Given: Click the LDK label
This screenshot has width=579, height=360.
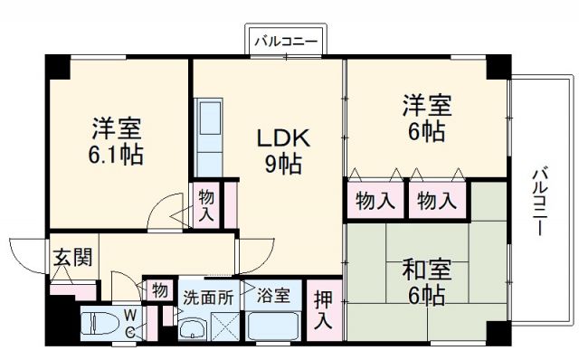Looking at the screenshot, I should (284, 138).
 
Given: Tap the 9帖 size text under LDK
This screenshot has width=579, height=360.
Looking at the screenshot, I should (284, 165).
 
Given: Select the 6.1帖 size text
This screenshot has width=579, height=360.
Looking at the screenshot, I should (116, 154).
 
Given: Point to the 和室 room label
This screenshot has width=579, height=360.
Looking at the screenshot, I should (423, 269).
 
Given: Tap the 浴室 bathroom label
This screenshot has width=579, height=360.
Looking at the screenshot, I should (272, 295).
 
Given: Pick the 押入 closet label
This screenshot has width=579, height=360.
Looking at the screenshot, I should (323, 308).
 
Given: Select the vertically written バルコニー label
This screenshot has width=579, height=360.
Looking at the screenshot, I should (540, 201).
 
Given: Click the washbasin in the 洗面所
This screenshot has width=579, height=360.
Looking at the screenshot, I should (193, 329).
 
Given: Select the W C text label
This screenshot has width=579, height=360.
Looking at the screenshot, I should (130, 323).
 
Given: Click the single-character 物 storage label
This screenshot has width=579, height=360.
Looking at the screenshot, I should (159, 291).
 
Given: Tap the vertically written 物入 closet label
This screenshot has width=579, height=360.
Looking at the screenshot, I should (205, 204).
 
